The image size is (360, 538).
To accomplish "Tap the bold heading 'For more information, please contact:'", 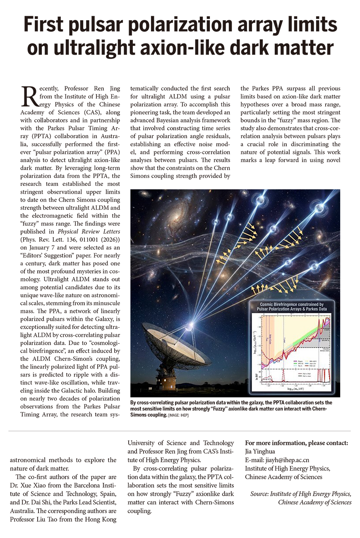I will click(296, 443).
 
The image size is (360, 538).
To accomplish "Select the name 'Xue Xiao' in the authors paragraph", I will click(48, 485).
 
